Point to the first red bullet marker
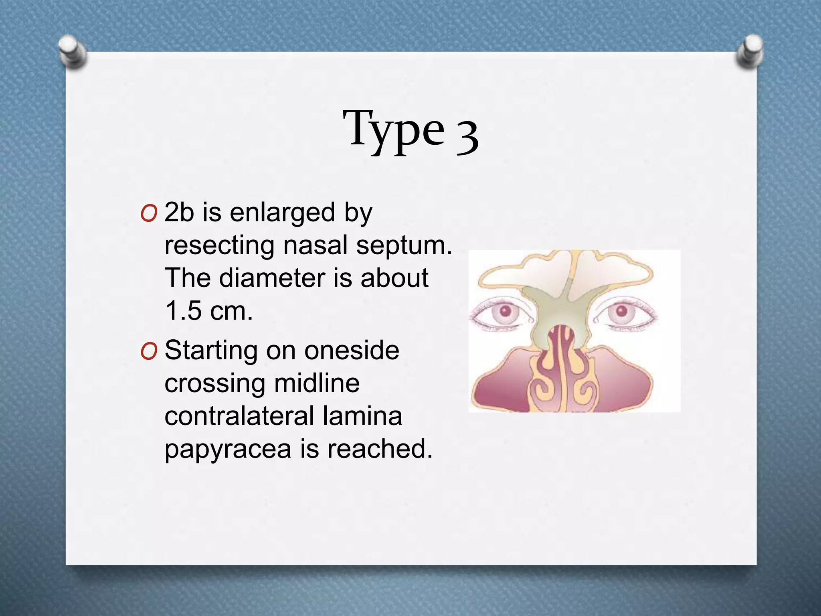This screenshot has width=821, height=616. (149, 214)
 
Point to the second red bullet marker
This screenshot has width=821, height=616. (149, 352)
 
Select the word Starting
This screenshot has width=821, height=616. (211, 351)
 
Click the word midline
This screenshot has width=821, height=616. (317, 383)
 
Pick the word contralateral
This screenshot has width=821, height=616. (239, 416)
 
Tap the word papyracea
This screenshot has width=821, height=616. (228, 449)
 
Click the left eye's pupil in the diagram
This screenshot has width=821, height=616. (506, 311)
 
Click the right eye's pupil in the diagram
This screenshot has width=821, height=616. (621, 311)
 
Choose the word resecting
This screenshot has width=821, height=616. (220, 245)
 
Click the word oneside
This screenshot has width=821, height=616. (352, 351)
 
